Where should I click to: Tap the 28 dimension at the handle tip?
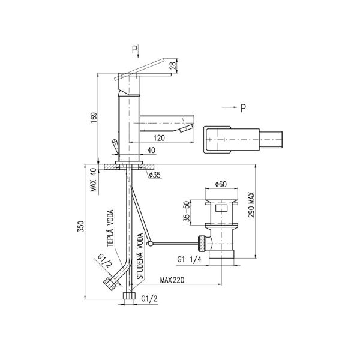[173, 65]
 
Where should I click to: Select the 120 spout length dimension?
[159, 138]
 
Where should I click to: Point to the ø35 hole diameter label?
[155, 175]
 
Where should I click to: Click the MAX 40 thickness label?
[94, 180]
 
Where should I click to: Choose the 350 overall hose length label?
[81, 226]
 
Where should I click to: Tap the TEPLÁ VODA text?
[110, 229]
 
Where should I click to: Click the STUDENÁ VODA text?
[140, 256]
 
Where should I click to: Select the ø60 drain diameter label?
[221, 184]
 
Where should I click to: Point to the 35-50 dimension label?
[187, 211]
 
